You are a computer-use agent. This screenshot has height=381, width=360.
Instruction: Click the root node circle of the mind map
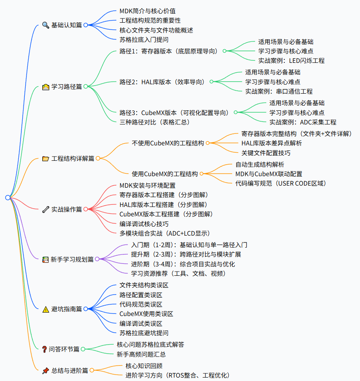pyautogui.click(x=8, y=197)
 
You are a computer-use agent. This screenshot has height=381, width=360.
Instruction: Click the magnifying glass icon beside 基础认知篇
pyautogui.click(x=46, y=25)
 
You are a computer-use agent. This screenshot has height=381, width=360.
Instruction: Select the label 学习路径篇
pyautogui.click(x=66, y=87)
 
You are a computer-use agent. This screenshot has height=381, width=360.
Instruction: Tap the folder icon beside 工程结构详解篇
pyautogui.click(x=46, y=159)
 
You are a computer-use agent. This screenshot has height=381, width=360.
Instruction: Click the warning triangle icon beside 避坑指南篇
pyautogui.click(x=46, y=309)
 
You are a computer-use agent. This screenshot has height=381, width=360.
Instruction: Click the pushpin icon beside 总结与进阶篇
pyautogui.click(x=46, y=371)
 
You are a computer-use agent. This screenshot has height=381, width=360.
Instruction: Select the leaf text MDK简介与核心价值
pyautogui.click(x=148, y=11)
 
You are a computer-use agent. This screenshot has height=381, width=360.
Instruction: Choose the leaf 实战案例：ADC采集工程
pyautogui.click(x=303, y=122)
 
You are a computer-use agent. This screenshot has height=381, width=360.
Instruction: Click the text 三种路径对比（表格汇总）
pyautogui.click(x=154, y=122)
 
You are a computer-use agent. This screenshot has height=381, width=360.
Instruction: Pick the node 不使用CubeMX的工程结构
pyautogui.click(x=168, y=143)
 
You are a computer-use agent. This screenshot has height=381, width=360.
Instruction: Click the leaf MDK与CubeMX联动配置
pyautogui.click(x=269, y=174)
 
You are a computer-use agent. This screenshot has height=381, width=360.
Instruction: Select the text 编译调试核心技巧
pyautogui.click(x=144, y=224)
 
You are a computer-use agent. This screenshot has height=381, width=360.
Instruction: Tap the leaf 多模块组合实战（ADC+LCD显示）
pyautogui.click(x=165, y=233)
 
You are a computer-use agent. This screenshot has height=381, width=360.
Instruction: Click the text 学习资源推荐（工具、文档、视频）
pyautogui.click(x=178, y=273)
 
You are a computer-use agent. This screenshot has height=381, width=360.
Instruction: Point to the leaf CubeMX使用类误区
pyautogui.click(x=146, y=314)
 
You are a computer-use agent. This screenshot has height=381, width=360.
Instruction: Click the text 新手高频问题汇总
pyautogui.click(x=141, y=354)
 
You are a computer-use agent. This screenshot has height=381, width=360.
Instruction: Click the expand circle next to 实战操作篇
pyautogui.click(x=86, y=210)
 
